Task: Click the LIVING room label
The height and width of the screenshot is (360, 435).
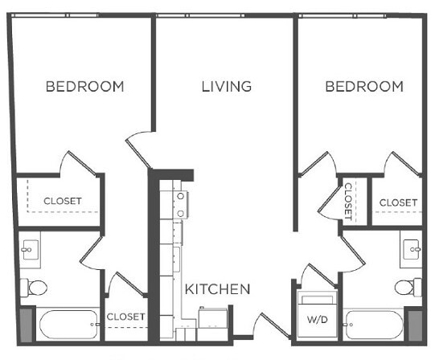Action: pyautogui.click(x=227, y=86)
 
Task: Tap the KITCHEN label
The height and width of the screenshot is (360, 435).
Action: pyautogui.click(x=218, y=288)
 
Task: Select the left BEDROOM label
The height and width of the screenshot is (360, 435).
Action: pyautogui.click(x=84, y=86)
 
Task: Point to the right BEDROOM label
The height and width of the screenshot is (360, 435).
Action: pyautogui.click(x=363, y=86)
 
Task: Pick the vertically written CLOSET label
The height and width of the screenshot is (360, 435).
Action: pyautogui.click(x=349, y=200)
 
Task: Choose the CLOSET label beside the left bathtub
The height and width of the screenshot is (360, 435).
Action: pyautogui.click(x=125, y=317)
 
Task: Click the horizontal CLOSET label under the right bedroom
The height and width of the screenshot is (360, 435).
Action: pyautogui.click(x=398, y=202)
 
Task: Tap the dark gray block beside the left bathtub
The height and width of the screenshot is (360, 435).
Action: pyautogui.click(x=27, y=325)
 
